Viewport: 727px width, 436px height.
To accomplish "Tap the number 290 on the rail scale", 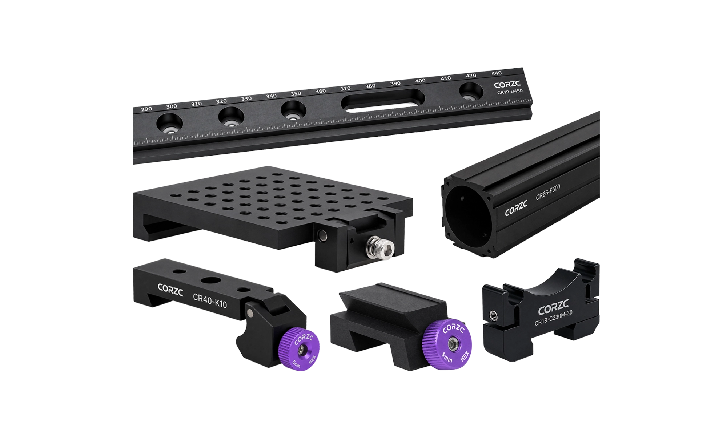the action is coord(146,109).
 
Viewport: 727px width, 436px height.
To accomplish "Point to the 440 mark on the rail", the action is coord(497,73).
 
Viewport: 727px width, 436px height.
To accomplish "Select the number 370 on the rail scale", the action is coord(345,88).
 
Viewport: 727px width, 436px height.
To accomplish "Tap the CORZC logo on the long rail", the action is coord(507,85).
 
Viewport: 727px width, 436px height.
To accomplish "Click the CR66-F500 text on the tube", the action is coord(548,192).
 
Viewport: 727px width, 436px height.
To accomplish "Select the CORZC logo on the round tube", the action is coord(516,209).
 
